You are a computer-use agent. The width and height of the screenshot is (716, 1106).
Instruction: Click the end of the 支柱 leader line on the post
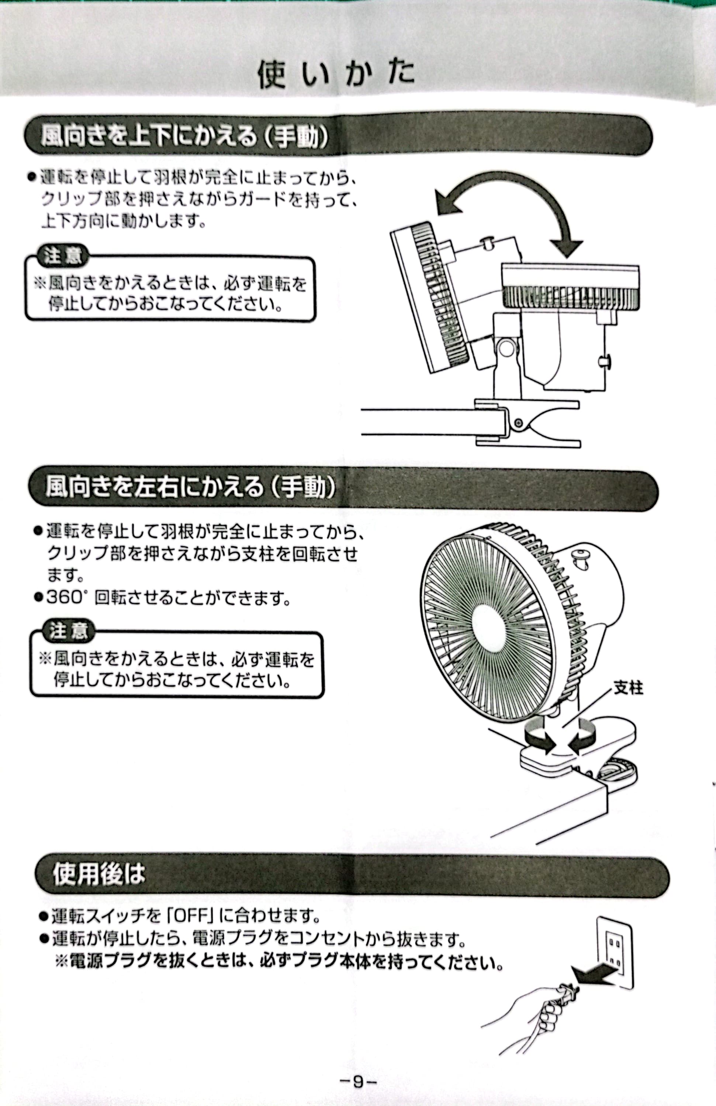pyautogui.click(x=564, y=726)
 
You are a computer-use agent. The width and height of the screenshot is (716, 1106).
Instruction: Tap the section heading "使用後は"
pyautogui.click(x=99, y=874)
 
